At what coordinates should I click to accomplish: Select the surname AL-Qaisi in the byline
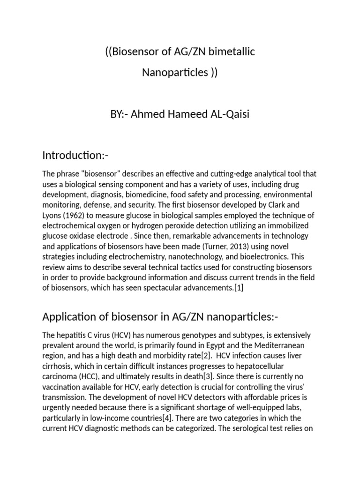click(x=227, y=114)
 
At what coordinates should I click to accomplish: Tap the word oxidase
click(x=82, y=235)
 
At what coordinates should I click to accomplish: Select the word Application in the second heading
click(x=67, y=317)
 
